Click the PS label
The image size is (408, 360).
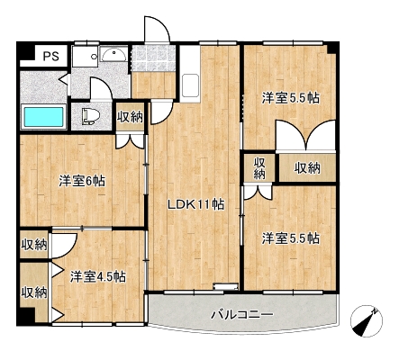click(50, 56)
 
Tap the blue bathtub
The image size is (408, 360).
click(44, 117)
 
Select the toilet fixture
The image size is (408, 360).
click(90, 116)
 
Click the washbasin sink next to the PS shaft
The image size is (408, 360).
click(113, 54)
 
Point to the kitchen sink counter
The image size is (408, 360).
click(190, 74)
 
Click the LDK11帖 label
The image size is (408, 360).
click(195, 205)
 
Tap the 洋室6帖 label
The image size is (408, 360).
click(82, 181)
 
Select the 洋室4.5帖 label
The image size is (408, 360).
click(98, 276)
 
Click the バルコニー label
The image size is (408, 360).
click(242, 315)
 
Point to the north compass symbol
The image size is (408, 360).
click(367, 321)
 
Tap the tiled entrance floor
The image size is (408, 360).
click(153, 58)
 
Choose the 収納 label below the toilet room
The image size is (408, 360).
click(130, 117)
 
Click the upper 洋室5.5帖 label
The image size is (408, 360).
click(291, 98)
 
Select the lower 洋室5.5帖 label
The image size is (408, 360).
click(291, 238)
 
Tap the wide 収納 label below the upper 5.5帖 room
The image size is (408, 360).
click(307, 168)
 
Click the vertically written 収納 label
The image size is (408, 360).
click(259, 168)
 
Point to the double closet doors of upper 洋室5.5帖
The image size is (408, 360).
click(305, 135)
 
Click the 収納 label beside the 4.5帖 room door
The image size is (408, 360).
click(34, 245)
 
